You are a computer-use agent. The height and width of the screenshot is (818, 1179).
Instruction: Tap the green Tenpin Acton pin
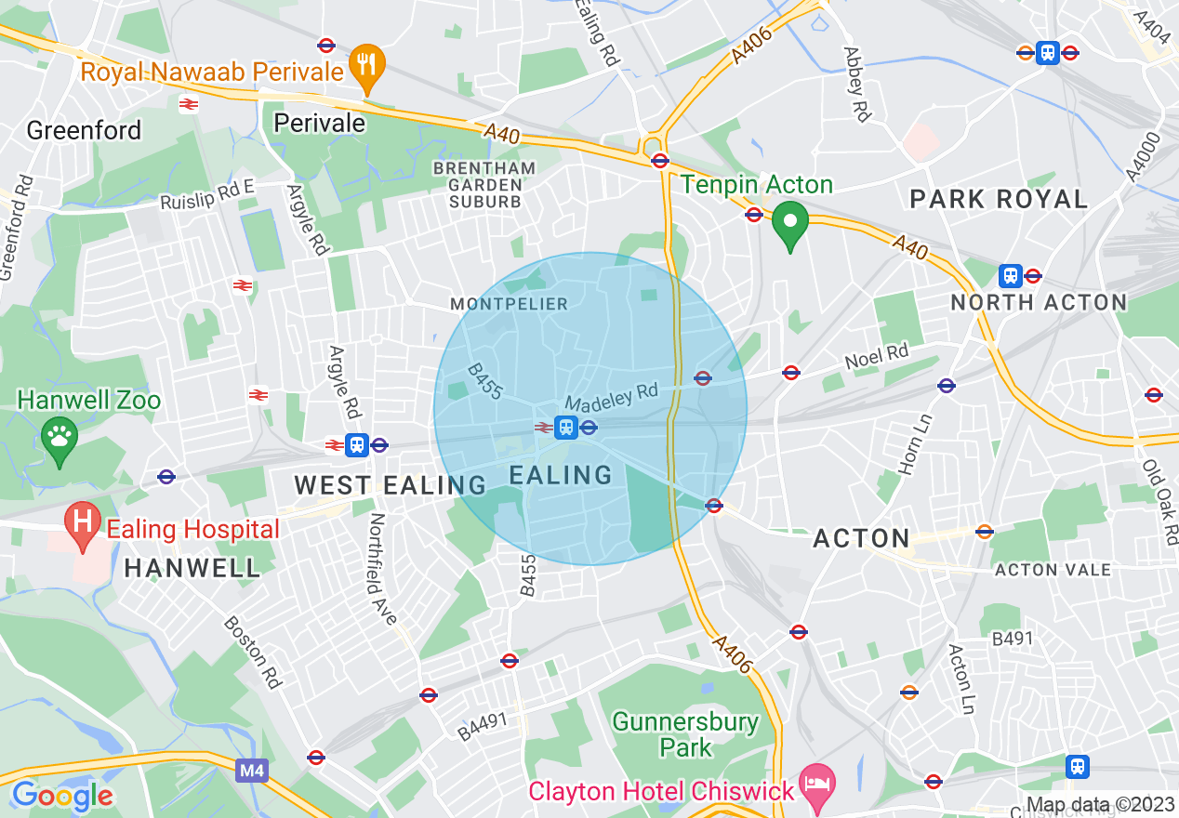[x=790, y=224]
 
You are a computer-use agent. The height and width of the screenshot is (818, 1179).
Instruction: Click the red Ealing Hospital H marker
[x=83, y=523]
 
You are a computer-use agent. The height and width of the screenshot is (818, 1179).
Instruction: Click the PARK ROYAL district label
[x=999, y=199]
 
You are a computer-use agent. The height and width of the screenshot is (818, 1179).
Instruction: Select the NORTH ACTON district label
[x=1039, y=302]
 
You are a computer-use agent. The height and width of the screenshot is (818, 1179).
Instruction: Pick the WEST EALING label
[x=391, y=484]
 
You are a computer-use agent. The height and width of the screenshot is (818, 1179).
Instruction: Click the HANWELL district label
[x=192, y=569]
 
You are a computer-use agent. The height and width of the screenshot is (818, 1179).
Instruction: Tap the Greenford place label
[x=84, y=130]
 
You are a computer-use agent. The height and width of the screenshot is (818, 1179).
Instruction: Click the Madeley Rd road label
[x=612, y=398]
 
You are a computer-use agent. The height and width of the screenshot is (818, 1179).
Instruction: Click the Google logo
[x=61, y=796]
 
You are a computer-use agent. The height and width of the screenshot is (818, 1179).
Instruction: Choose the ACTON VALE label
[x=1053, y=569]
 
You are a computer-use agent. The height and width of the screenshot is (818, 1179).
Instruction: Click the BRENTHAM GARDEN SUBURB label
[x=484, y=184]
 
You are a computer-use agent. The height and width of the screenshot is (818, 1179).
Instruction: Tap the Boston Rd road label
[x=252, y=651]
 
